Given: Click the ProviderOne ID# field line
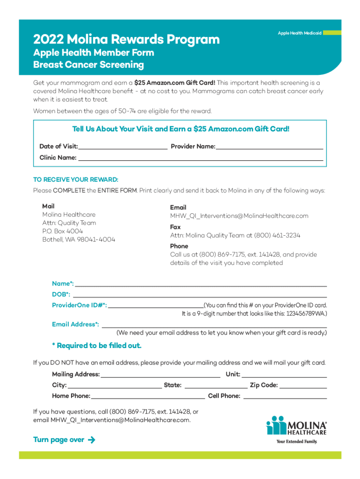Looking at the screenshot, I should click(x=155, y=305).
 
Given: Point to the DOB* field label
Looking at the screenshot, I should click(x=61, y=295).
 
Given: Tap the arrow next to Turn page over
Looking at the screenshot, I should click(x=91, y=440).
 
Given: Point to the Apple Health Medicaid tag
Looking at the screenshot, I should click(x=300, y=33).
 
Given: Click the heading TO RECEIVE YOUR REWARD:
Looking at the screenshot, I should click(x=76, y=180).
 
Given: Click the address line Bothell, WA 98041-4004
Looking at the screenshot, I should click(x=79, y=239).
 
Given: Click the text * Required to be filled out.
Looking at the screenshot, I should click(x=96, y=346).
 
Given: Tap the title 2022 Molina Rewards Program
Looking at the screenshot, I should click(x=126, y=39).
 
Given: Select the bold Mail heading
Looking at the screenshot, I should click(x=48, y=206).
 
